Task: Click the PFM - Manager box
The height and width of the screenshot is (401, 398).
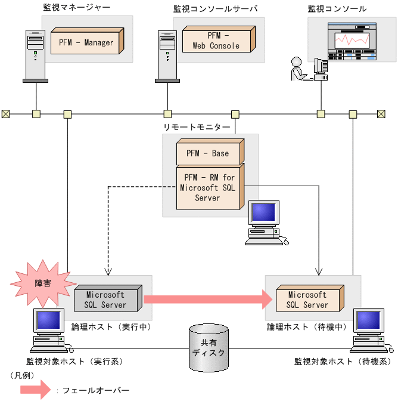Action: point(86,42)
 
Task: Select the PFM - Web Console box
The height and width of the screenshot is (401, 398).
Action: point(216,41)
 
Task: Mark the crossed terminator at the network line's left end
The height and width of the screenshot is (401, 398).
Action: point(6,113)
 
